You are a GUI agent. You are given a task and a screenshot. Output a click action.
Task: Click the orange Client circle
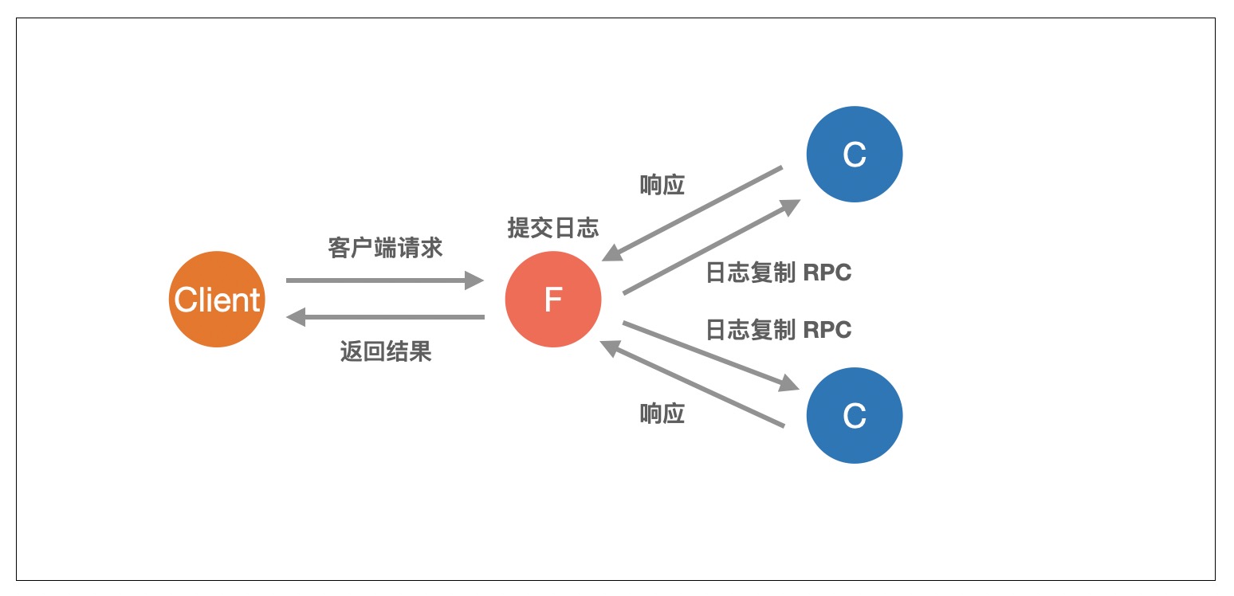pyautogui.click(x=217, y=300)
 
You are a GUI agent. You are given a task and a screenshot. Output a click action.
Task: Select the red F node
pyautogui.click(x=553, y=300)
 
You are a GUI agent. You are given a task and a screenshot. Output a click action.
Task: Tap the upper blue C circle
pyautogui.click(x=855, y=155)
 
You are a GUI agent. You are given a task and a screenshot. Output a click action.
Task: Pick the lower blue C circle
pyautogui.click(x=855, y=415)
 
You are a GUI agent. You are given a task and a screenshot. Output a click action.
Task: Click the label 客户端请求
pyautogui.click(x=385, y=248)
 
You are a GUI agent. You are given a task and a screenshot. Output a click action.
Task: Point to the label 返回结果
pyautogui.click(x=386, y=351)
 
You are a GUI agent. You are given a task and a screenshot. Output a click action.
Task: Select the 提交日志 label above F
pyautogui.click(x=553, y=229)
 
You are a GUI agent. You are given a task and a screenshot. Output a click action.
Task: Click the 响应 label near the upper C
pyautogui.click(x=662, y=186)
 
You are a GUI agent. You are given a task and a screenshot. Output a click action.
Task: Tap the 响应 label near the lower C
pyautogui.click(x=662, y=414)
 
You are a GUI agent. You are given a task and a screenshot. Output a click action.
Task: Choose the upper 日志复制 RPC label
pyautogui.click(x=779, y=273)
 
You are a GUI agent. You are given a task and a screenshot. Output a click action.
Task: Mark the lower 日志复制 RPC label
pyautogui.click(x=779, y=329)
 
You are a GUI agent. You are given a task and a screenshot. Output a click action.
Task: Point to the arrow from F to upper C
pyautogui.click(x=709, y=248)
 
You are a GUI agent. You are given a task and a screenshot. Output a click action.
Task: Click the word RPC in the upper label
pyautogui.click(x=827, y=273)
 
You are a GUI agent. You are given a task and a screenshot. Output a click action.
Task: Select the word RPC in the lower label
pyautogui.click(x=827, y=329)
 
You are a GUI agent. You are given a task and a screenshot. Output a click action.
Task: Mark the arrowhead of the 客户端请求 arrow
pyautogui.click(x=475, y=280)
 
